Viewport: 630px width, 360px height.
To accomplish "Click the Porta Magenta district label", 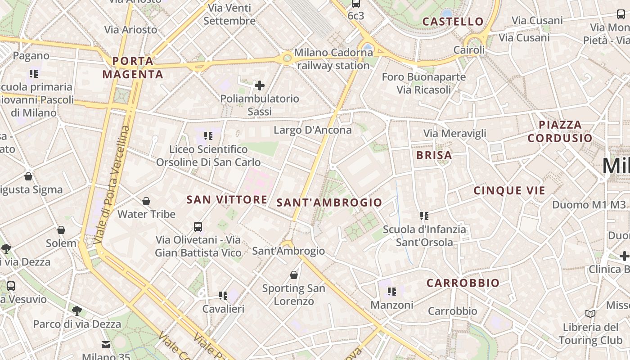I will [x=133, y=67].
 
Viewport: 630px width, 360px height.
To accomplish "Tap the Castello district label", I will [x=453, y=21].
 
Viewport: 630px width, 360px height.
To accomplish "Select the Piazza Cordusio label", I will [x=560, y=131].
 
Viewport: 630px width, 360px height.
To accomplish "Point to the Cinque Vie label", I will [x=509, y=190].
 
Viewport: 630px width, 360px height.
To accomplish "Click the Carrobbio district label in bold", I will [x=463, y=283].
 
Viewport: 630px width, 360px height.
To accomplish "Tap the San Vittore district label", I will [x=227, y=199].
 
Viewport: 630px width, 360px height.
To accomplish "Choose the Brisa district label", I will [x=434, y=155].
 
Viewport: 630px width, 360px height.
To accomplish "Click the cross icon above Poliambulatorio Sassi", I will [x=260, y=85].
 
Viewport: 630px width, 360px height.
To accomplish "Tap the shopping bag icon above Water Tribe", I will [x=146, y=201].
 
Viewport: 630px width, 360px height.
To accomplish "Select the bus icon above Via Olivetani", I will [x=198, y=226].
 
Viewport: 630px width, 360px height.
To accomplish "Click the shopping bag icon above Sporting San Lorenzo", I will [x=294, y=274].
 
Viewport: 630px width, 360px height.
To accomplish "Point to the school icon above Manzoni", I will [x=392, y=292].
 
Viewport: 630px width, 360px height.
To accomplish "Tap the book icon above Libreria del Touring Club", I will [x=590, y=314].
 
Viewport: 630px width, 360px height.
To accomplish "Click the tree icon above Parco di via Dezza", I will [x=77, y=310].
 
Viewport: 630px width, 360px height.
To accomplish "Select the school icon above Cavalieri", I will [x=223, y=295].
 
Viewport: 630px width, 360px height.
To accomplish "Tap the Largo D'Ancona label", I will [x=313, y=130].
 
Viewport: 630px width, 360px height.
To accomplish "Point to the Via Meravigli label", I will [x=455, y=133].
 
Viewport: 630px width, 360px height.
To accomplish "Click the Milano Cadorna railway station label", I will [x=333, y=59].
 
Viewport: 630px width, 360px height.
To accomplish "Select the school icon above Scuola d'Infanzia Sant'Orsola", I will [x=424, y=216].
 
